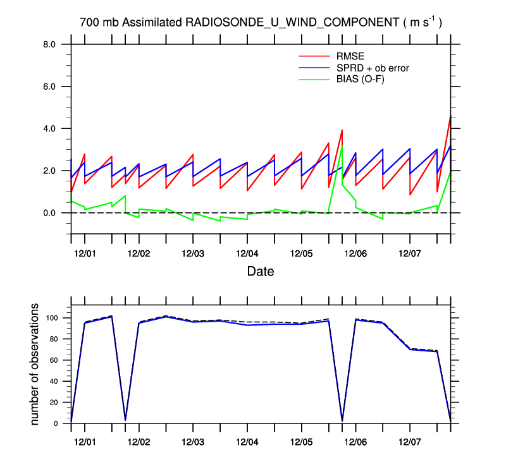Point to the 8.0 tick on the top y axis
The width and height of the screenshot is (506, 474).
coord(50,44)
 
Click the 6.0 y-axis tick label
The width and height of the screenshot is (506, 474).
coord(50,87)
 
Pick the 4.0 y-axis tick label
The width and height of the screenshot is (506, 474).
coord(50,129)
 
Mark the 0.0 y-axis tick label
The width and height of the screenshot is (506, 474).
coord(50,213)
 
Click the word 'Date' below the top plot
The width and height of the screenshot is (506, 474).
coord(261,272)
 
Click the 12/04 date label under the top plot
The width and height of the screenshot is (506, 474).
coord(247,253)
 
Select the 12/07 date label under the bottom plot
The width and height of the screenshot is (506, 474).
coord(409,440)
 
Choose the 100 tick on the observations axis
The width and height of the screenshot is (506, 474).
coord(52,318)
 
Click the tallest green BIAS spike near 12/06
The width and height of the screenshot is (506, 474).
coord(342,146)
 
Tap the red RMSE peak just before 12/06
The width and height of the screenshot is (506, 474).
coord(342,130)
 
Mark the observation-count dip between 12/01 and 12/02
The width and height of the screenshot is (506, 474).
coord(125,419)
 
